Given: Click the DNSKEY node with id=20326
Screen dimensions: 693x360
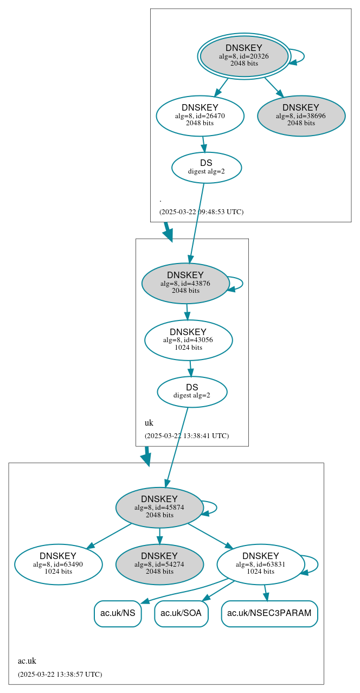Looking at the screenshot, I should (244, 56).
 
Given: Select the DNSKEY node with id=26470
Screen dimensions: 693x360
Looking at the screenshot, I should (200, 116).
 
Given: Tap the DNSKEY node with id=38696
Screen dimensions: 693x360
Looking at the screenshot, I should (301, 116).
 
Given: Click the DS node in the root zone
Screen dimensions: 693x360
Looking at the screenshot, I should (206, 167).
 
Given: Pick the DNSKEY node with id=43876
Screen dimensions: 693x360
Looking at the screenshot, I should (185, 283).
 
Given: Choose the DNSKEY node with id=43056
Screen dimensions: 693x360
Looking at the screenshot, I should (188, 340).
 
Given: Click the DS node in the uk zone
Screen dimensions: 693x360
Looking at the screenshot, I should (192, 392).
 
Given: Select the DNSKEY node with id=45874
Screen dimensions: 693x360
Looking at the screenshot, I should (159, 508).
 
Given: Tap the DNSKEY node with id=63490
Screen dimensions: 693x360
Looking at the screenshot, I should (58, 564).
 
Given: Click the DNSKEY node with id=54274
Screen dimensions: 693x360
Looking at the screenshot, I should (159, 564).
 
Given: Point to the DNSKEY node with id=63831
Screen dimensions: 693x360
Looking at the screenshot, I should (261, 564).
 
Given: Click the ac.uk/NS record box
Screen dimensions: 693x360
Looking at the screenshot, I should (118, 613).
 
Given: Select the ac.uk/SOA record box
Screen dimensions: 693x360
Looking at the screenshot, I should (181, 613).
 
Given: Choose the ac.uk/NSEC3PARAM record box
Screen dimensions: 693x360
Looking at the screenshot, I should (269, 613).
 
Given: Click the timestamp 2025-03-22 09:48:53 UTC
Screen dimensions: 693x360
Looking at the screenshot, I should (201, 212).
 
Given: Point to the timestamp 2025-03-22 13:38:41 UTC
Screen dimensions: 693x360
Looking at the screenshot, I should (187, 436).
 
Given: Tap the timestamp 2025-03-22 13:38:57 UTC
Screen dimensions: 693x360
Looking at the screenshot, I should (60, 675).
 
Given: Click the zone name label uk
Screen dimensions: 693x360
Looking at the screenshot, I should (149, 423).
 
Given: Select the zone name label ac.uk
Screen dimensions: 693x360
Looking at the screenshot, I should (27, 661).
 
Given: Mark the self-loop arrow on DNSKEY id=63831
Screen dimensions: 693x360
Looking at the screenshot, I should (317, 564).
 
